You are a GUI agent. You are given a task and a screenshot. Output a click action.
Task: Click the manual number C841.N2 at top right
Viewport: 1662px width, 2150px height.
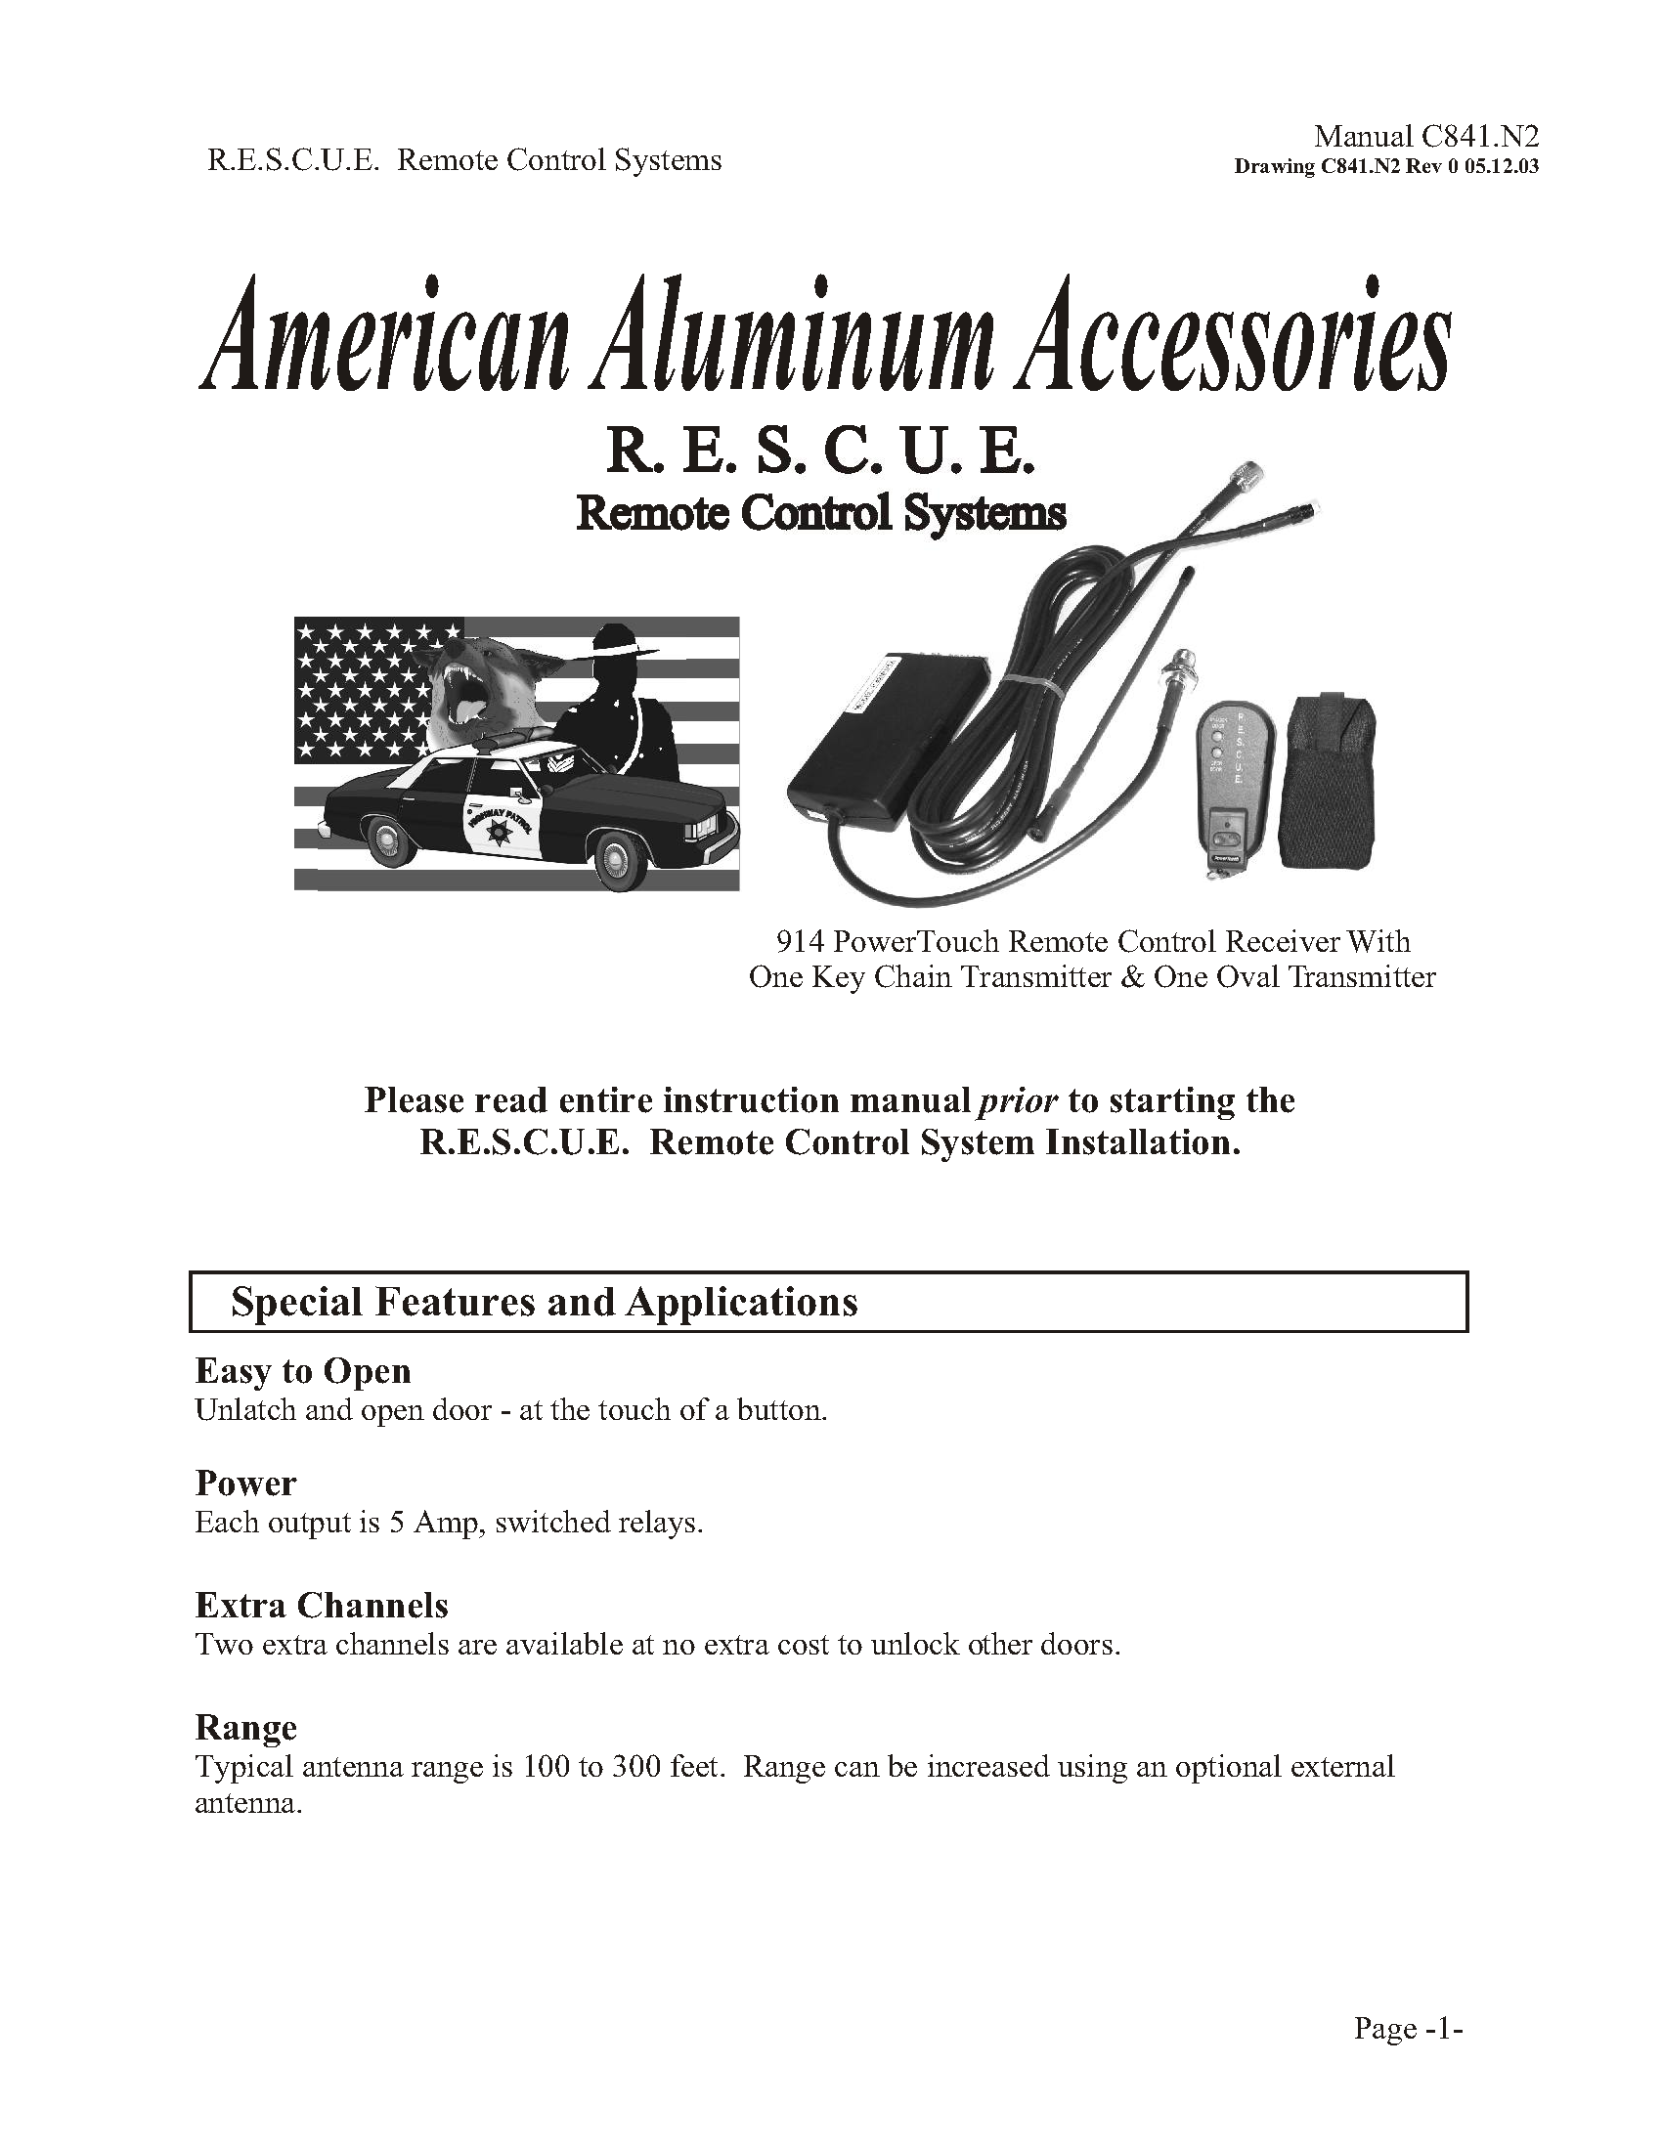pos(1425,136)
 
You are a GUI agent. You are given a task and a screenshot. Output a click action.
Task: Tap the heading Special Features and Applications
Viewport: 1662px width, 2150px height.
pos(544,1303)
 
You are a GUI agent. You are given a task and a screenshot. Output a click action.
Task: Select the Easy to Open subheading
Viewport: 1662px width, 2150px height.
pos(302,1371)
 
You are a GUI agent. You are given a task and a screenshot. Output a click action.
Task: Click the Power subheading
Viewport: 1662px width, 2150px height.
pos(245,1483)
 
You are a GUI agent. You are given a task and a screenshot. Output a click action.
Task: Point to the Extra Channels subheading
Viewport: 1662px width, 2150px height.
pos(321,1606)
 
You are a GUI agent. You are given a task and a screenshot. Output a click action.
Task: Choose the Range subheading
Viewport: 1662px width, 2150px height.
pos(245,1727)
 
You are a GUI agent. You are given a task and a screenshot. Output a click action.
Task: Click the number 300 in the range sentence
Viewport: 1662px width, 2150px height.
pos(636,1767)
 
